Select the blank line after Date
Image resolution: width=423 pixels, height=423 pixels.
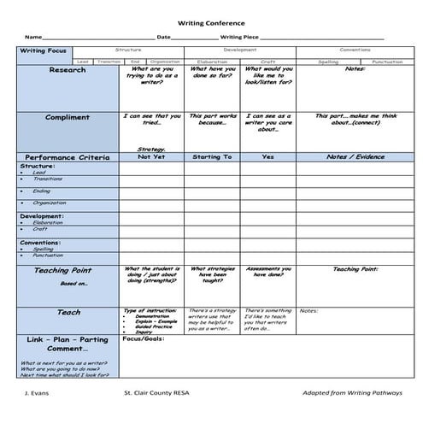pyautogui.click(x=194, y=38)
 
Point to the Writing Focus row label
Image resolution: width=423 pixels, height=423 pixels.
pyautogui.click(x=43, y=51)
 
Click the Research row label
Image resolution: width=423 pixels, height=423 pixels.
pyautogui.click(x=68, y=71)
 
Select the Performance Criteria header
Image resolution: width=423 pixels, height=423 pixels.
pyautogui.click(x=68, y=157)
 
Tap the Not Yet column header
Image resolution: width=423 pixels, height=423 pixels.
pyautogui.click(x=150, y=157)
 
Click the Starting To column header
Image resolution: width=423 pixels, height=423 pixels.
pyautogui.click(x=213, y=157)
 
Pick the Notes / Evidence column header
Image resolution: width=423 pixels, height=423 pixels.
pyautogui.click(x=355, y=157)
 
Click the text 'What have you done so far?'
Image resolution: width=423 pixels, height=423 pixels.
pyautogui.click(x=213, y=75)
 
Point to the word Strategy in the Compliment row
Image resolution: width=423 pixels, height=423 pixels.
pyautogui.click(x=150, y=149)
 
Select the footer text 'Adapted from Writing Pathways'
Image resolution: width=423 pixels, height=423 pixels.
pyautogui.click(x=350, y=395)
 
